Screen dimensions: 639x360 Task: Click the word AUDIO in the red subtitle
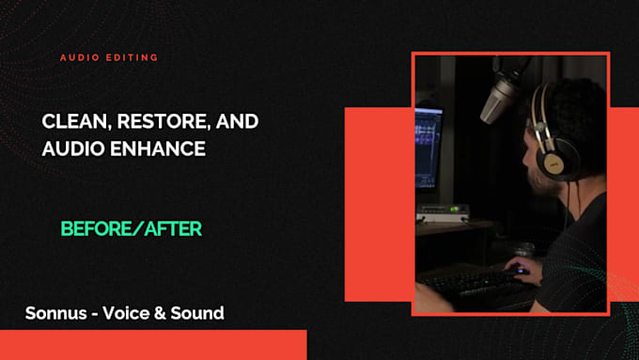[x=80, y=57]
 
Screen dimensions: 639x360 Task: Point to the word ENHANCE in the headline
[x=158, y=149]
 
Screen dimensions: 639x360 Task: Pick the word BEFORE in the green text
[x=96, y=228]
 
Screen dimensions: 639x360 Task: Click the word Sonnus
[x=56, y=313]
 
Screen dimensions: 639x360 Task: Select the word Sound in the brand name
[x=197, y=313]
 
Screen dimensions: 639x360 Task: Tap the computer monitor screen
[x=429, y=148]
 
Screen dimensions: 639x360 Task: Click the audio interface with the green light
[x=443, y=213]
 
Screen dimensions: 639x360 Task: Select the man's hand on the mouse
[x=522, y=269]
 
